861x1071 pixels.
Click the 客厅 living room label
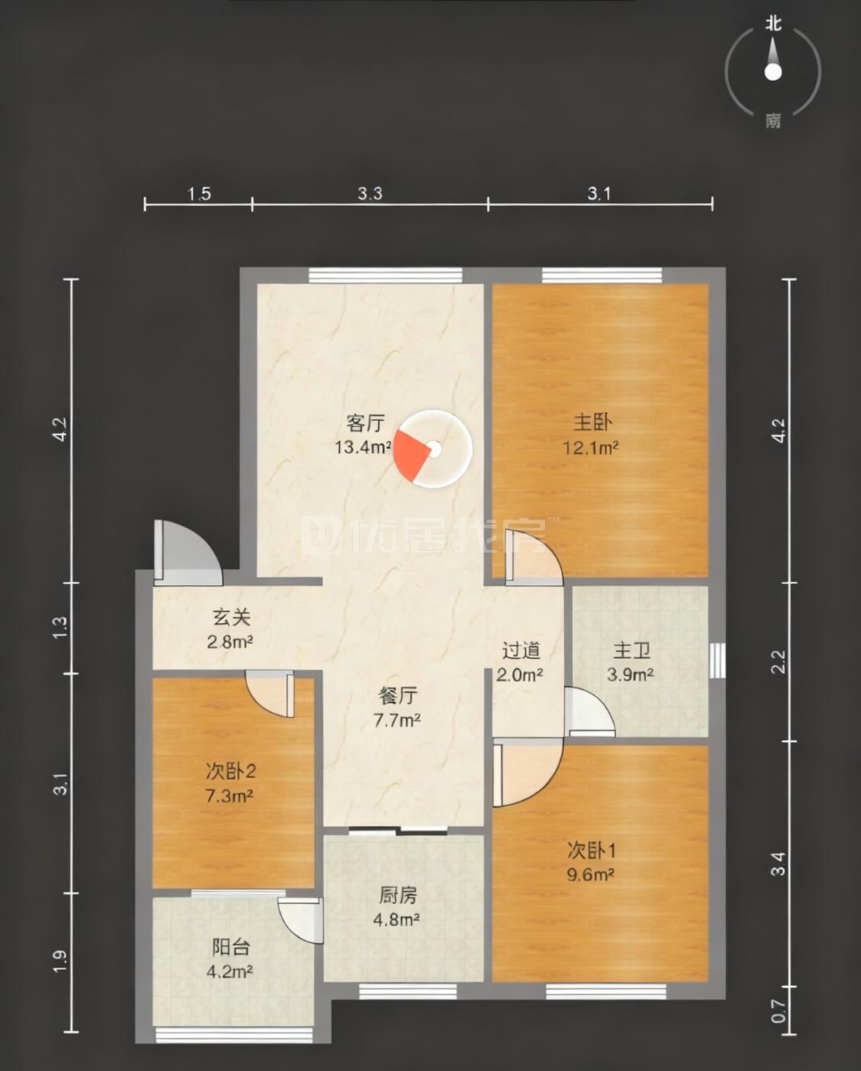click(365, 423)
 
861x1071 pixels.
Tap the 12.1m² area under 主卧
click(591, 448)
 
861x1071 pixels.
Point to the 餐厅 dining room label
click(398, 695)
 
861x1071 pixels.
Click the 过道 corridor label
click(521, 651)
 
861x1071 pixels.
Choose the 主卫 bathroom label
click(631, 651)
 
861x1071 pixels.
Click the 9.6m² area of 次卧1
click(590, 874)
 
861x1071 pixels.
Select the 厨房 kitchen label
click(397, 895)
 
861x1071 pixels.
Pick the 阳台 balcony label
click(231, 947)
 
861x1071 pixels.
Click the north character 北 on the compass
click(774, 24)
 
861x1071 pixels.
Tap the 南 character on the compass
click(773, 120)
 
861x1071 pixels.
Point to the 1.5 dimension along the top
click(199, 194)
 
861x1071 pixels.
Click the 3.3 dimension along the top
click(370, 194)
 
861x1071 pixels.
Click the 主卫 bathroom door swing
click(589, 712)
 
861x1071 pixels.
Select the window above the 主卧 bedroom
click(602, 276)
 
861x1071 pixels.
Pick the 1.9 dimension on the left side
click(60, 962)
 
